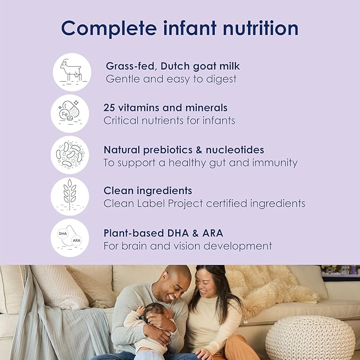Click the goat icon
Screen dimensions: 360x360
[72, 72]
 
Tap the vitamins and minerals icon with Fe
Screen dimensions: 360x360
[69, 113]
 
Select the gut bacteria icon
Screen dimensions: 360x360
[69, 155]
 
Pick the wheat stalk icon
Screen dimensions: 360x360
[69, 196]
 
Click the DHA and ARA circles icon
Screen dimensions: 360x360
[69, 238]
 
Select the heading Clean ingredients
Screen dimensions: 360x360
[148, 190]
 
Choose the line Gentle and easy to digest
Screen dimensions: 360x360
[171, 79]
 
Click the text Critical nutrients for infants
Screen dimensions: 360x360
[169, 120]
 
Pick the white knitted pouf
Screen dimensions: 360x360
[310, 338]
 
